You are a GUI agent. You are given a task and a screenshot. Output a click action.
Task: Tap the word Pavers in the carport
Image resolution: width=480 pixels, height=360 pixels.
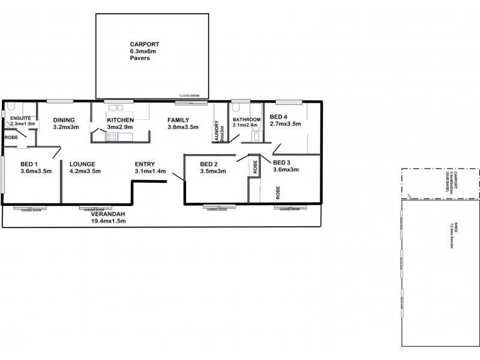coord(140,59)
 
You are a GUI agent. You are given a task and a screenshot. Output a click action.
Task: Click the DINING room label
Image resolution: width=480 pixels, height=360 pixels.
coord(64,119)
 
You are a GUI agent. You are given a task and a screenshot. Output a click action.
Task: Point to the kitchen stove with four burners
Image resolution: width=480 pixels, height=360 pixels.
coord(112,137)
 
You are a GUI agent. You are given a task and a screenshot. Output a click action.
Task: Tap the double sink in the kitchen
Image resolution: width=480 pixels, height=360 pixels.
coord(116,108)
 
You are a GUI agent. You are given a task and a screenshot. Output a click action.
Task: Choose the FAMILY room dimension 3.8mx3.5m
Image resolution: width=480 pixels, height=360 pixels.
coord(182,127)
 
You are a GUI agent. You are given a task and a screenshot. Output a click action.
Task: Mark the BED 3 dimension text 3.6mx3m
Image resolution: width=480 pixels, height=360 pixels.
coord(286,170)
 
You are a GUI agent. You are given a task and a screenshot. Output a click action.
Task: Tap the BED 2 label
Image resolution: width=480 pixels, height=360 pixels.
coord(209,164)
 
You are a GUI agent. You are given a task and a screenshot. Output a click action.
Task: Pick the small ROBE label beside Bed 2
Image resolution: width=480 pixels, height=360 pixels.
coord(255,167)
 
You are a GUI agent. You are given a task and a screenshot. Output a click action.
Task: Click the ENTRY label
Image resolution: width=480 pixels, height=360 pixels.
coord(146,163)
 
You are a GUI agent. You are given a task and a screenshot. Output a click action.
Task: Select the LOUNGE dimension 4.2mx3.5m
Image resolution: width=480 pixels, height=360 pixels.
coord(85,171)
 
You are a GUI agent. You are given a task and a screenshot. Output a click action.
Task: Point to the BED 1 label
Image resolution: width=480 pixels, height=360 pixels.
coord(29,163)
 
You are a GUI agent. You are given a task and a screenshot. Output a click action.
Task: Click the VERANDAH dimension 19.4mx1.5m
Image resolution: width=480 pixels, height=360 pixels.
coord(109,221)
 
